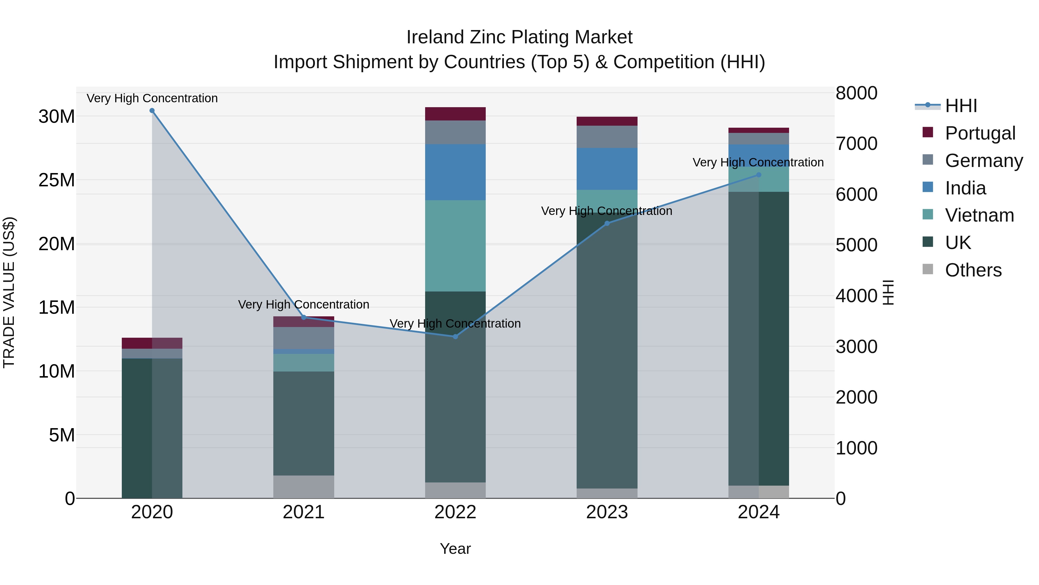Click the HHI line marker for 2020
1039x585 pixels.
[x=152, y=111]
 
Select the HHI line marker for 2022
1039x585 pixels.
[x=455, y=336]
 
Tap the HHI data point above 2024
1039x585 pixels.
[x=759, y=175]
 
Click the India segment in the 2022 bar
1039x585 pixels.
[x=455, y=172]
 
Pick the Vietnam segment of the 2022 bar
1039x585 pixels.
[x=455, y=246]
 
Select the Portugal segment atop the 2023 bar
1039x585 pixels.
[x=607, y=121]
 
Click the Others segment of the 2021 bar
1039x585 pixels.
[x=304, y=486]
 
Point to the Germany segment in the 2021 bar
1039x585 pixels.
[x=304, y=338]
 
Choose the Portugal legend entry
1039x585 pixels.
[x=980, y=133]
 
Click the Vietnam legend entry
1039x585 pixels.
[x=979, y=215]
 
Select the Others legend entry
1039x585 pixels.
[x=973, y=270]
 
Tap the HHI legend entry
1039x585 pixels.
[x=961, y=106]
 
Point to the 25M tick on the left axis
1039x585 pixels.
[x=57, y=180]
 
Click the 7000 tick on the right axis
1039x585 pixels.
[x=856, y=144]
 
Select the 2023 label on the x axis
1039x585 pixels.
[x=607, y=512]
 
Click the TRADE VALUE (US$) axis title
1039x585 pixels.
[x=9, y=292]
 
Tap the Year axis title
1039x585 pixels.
[x=455, y=549]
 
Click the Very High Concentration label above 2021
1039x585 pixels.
[x=304, y=304]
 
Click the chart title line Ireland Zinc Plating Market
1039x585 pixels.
[x=519, y=37]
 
